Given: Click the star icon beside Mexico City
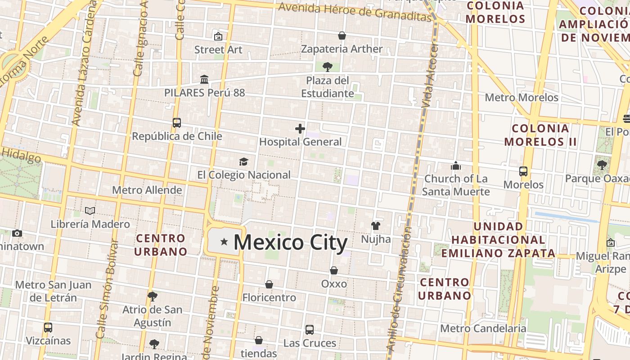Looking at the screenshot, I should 224,242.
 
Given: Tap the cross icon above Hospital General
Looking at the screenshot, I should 300,129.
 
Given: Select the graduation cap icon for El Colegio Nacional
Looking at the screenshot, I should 243,162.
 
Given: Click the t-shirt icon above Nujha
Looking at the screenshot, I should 376,225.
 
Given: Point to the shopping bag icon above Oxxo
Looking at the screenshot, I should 334,270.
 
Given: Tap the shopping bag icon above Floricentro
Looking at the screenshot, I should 269,284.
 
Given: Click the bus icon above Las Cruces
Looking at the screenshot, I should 310,329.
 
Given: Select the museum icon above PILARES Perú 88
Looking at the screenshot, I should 204,79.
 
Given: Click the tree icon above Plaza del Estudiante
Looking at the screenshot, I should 328,67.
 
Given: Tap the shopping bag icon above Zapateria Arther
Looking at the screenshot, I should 342,36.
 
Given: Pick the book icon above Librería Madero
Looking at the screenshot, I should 90,211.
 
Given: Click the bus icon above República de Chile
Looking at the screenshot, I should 177,122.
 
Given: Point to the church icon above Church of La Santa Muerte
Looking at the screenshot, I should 456,166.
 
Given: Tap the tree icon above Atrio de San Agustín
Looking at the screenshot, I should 153,296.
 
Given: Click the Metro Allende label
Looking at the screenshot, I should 147,190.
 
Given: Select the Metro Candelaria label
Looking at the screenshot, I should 483,328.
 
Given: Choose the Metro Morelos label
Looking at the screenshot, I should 522,97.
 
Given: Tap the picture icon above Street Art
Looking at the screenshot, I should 218,36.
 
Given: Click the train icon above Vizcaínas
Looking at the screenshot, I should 48,327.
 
